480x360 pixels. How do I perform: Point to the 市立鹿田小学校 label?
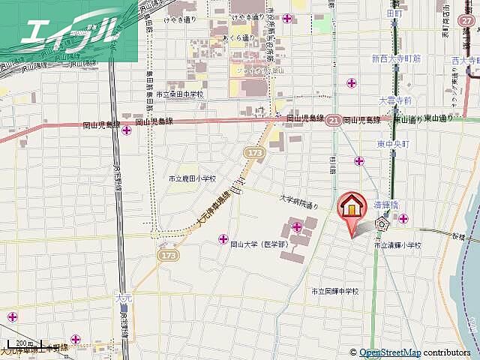click(192, 178)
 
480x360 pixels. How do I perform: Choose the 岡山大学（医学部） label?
click(259, 244)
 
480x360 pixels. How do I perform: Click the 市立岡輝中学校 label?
click(336, 291)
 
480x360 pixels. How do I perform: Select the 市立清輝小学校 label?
click(398, 245)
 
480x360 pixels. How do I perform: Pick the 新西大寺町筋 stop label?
click(397, 58)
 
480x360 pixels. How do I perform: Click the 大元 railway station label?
click(124, 298)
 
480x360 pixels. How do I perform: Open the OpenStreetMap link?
click(390, 352)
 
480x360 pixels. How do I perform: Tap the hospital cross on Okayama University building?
click(297, 226)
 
